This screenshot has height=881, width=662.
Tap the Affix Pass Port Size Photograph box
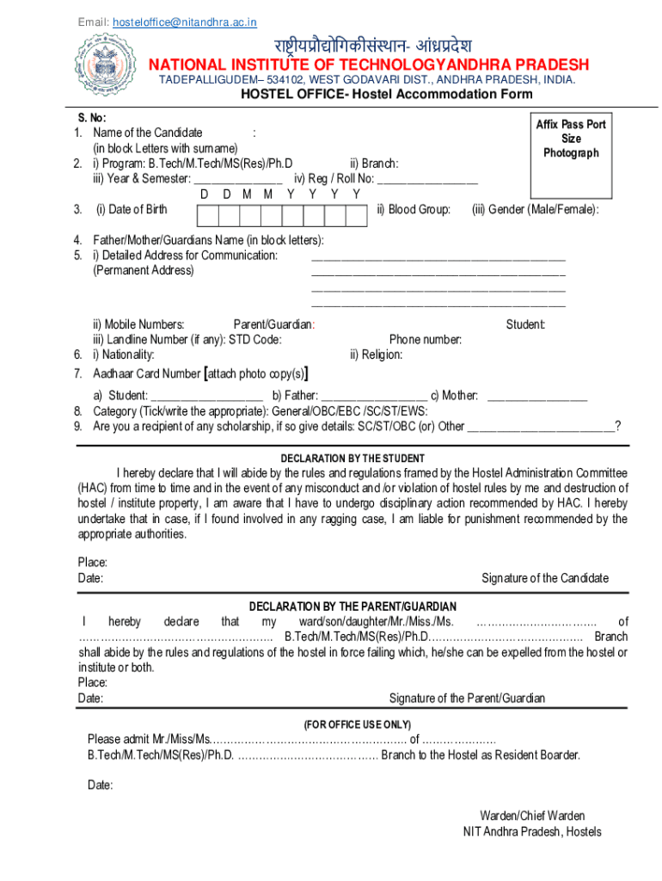coord(570,151)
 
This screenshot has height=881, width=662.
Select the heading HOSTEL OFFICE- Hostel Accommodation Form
coord(386,95)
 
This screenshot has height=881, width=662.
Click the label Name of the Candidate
coord(148,132)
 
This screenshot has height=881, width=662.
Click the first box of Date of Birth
coord(205,210)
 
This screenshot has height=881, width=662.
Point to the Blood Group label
coord(414,209)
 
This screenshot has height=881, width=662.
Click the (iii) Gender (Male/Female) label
coord(536,209)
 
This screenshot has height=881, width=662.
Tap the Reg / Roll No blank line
coord(427,179)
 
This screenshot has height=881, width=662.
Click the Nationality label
coord(124,354)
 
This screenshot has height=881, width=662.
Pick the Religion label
coord(376,354)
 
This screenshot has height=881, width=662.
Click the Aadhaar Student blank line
coord(206,396)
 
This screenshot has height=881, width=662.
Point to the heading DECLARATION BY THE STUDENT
coord(352,459)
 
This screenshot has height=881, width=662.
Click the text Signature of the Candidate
coord(545,578)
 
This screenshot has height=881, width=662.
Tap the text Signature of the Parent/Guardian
coord(467,699)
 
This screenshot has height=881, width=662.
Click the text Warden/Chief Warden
coord(532,816)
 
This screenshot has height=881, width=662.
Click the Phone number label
coord(426,340)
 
